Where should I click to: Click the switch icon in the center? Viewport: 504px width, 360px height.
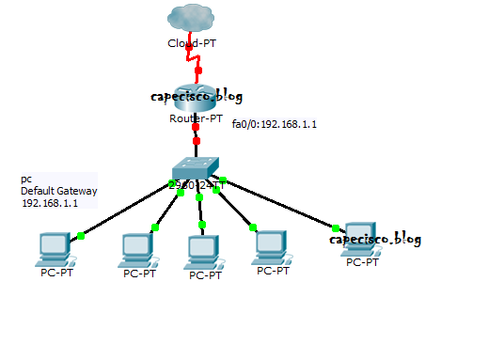pos(196,169)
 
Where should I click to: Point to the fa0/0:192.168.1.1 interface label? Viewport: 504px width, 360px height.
pos(275,123)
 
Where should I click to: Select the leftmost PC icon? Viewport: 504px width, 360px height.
pos(53,250)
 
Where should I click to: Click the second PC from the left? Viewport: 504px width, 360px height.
pos(138,249)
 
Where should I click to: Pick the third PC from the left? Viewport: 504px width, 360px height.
pos(203,250)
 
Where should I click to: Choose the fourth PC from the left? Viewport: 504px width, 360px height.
pos(272,247)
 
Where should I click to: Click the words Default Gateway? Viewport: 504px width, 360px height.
pos(58,191)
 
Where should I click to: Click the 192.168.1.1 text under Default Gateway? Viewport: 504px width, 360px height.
pos(50,202)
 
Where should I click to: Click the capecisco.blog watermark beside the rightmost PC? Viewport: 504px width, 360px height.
pos(374,239)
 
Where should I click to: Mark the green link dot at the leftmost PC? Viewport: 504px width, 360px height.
pos(81,236)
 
